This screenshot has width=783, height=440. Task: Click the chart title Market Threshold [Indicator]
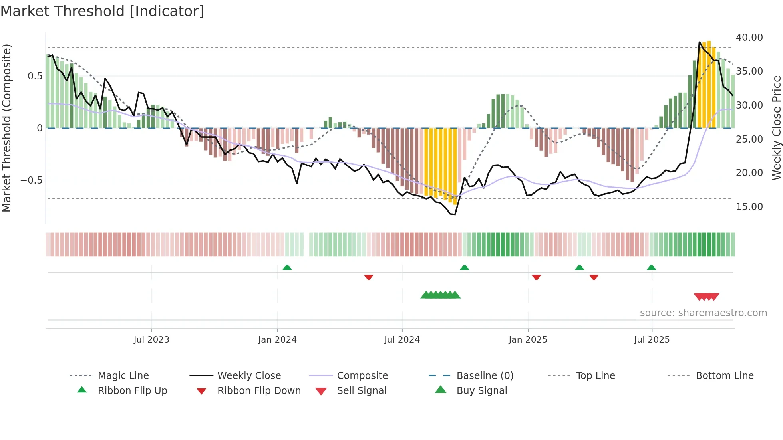pos(102,11)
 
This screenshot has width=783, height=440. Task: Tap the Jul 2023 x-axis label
pos(151,340)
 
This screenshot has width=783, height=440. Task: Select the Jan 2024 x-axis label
pos(277,340)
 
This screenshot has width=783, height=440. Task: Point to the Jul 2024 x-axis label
pos(402,340)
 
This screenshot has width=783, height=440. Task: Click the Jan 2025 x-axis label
pos(528,340)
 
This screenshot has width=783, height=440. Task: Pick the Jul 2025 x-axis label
pos(652,340)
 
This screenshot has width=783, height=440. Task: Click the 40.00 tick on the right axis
pos(749,38)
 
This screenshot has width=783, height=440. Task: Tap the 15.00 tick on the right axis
pos(749,207)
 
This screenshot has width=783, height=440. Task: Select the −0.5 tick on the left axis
pos(31,180)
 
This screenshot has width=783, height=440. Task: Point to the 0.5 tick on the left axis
pos(35,76)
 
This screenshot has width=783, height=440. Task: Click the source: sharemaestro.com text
pos(703,313)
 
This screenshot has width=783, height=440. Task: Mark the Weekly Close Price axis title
pos(776,128)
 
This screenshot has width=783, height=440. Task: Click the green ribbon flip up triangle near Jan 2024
pos(287,268)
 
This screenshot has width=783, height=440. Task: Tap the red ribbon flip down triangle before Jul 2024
pos(369,277)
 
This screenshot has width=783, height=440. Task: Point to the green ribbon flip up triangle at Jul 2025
pos(652,268)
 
